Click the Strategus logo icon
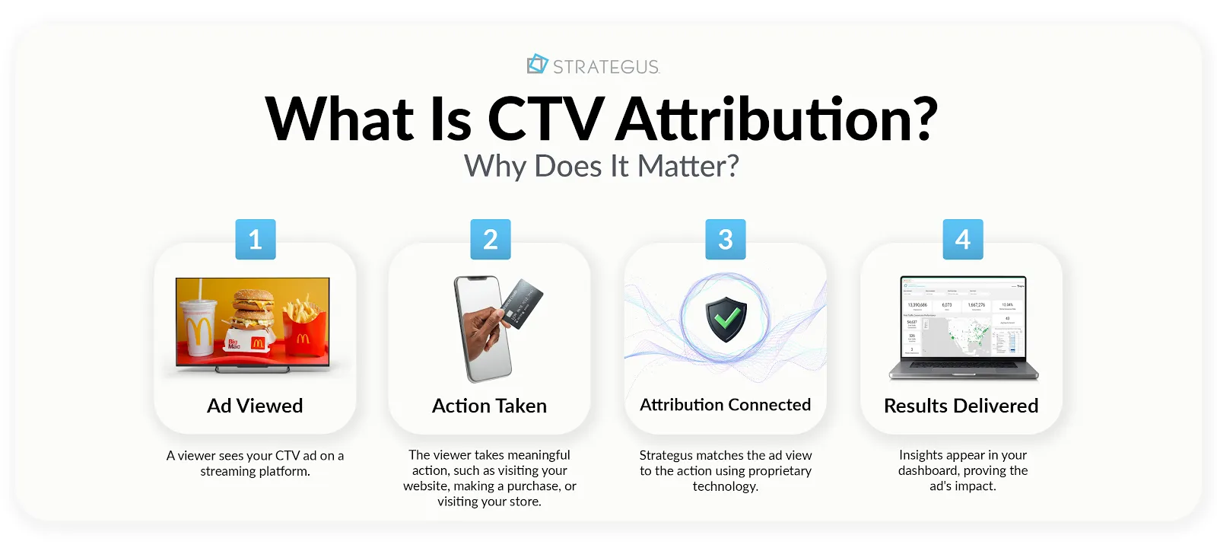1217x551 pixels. tap(537, 65)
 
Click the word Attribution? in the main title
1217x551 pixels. tap(777, 119)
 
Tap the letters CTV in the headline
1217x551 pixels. tap(545, 119)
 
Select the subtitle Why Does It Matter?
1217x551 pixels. tap(601, 166)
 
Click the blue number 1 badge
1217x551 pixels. tap(256, 240)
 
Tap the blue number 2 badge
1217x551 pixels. tap(491, 240)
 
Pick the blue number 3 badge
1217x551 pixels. tap(726, 240)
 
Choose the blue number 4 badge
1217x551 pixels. tap(963, 240)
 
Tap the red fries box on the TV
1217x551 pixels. tap(304, 336)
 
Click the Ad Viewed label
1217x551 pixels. tap(255, 406)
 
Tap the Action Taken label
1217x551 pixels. tap(489, 406)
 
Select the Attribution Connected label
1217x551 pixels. tap(725, 405)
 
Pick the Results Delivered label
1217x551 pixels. tap(961, 406)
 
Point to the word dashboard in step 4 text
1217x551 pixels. tap(928, 470)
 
